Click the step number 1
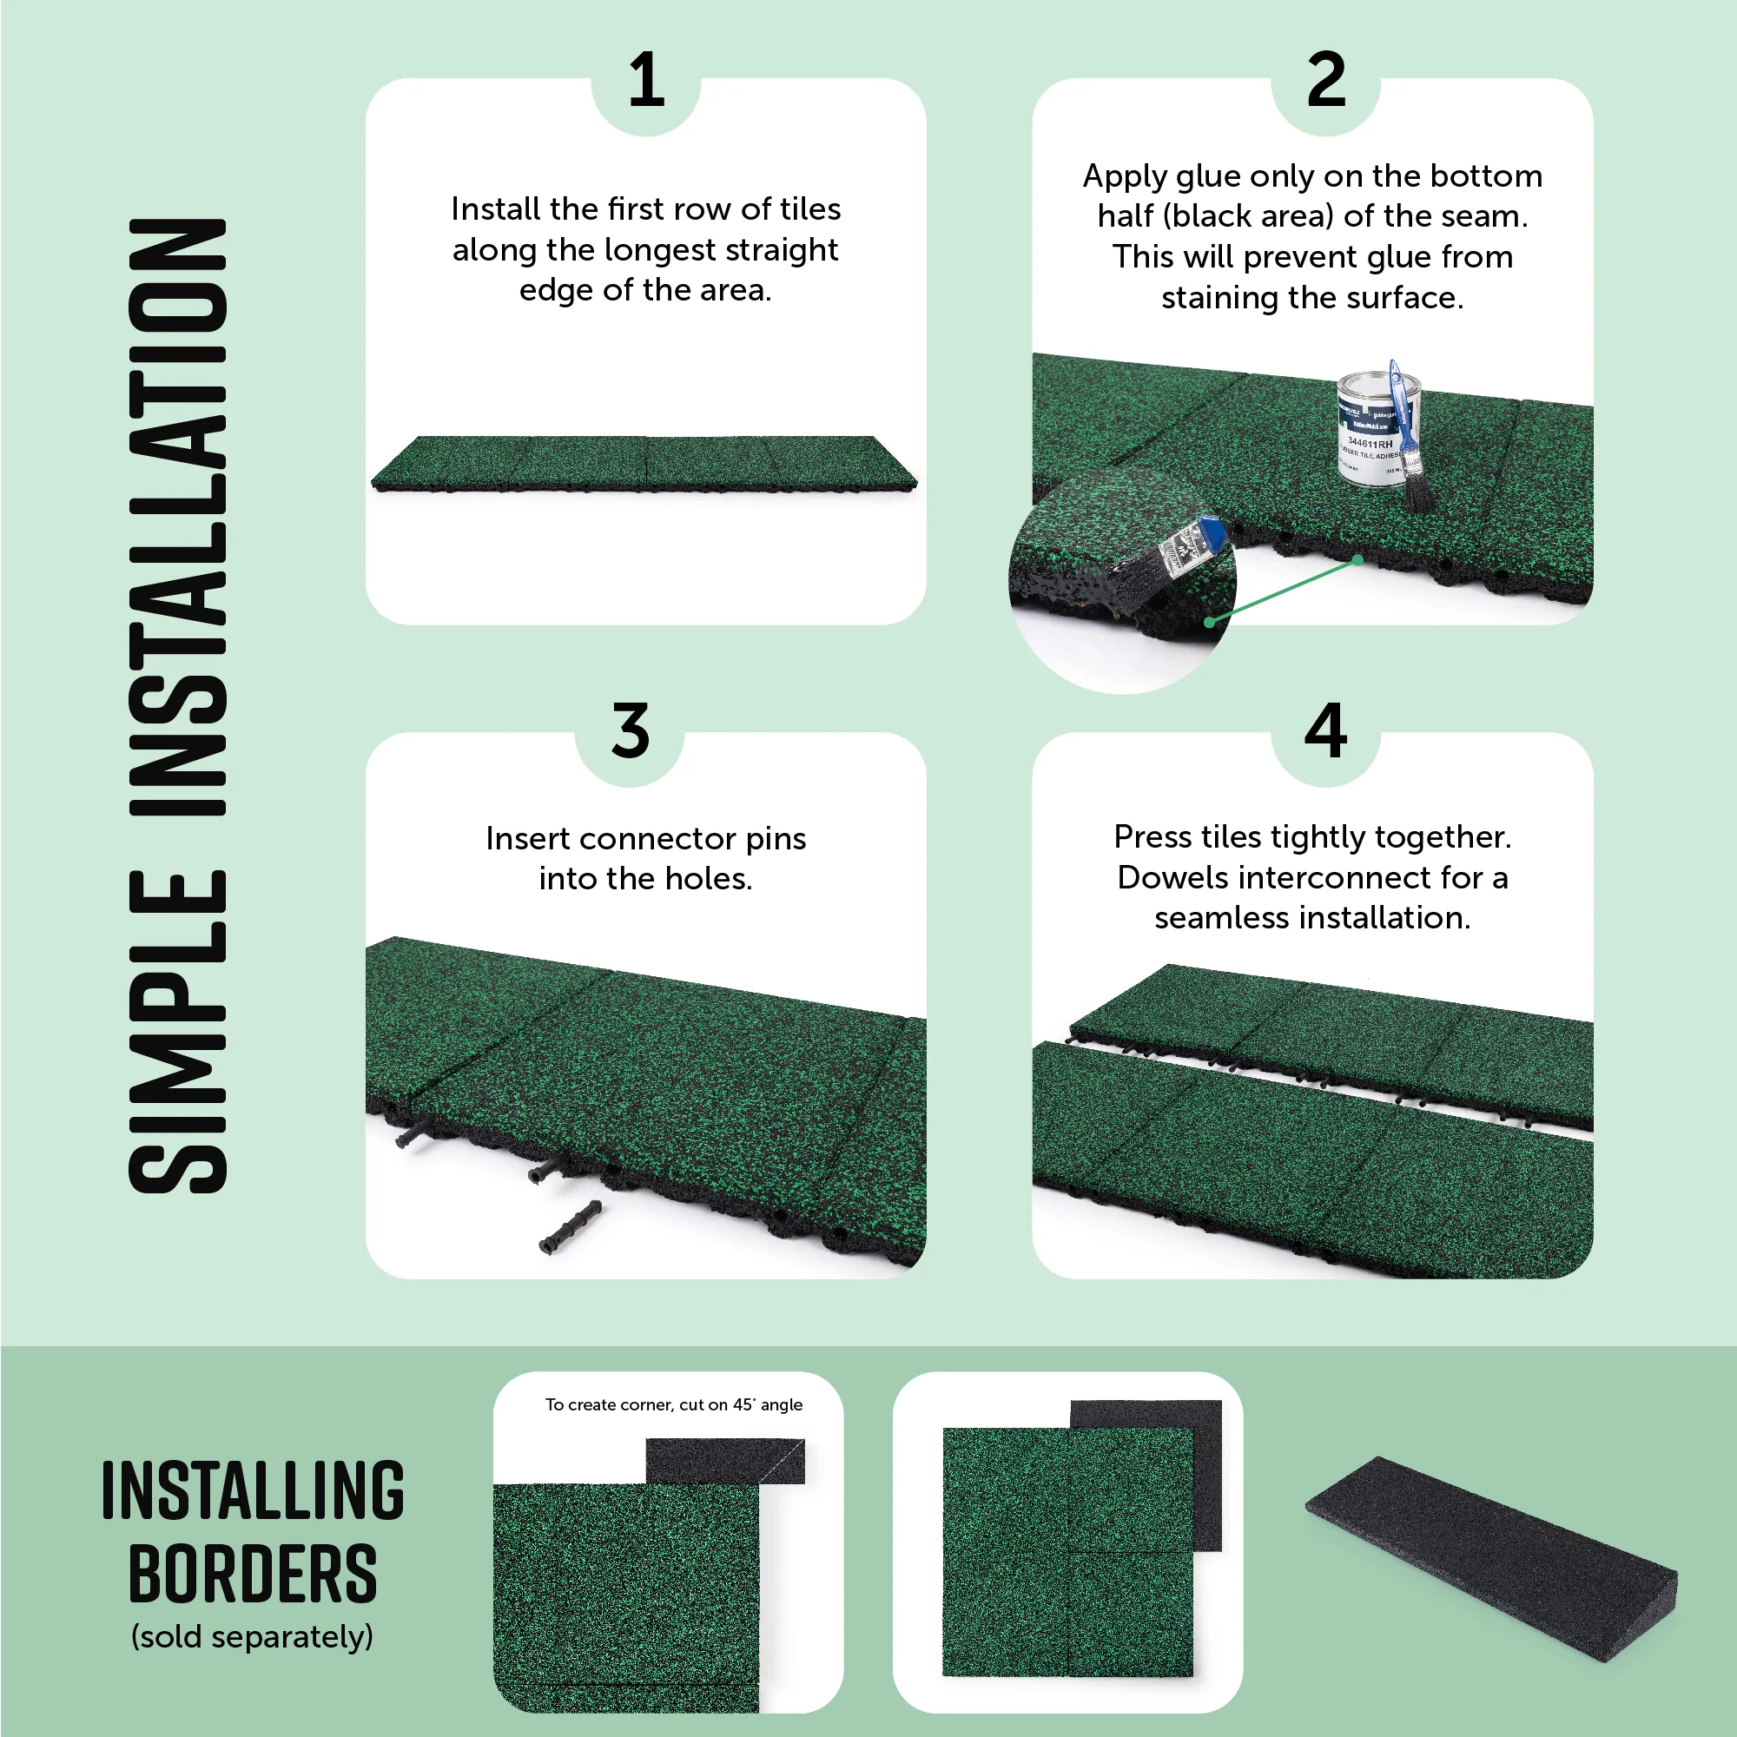coord(645,81)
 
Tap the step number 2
coord(1325,81)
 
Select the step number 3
coord(630,730)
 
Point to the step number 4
coord(1325,730)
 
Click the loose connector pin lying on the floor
coord(569,1226)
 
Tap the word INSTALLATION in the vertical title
coord(177,517)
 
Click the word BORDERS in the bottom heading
coord(253,1575)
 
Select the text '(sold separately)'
coord(252,1636)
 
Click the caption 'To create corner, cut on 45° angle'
coord(673,1404)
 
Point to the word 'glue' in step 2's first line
coord(1201,177)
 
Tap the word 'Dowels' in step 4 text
coord(1166,877)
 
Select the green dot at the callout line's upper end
coord(1357,560)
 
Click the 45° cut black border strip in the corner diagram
coord(724,1461)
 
